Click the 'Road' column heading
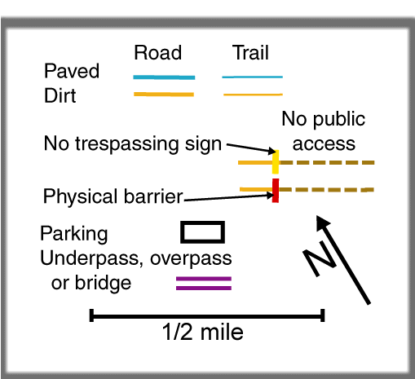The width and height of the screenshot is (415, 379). click(158, 52)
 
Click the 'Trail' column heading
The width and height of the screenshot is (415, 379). click(250, 52)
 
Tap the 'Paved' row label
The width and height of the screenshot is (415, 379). click(72, 71)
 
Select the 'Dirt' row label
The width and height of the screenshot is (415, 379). click(60, 95)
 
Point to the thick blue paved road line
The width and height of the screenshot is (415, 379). click(164, 77)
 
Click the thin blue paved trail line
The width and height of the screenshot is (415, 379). click(253, 77)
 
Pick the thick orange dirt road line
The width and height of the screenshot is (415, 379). click(164, 95)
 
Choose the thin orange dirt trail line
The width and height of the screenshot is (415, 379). click(253, 95)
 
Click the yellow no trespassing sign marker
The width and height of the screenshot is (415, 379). click(276, 162)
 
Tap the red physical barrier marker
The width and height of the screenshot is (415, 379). click(276, 191)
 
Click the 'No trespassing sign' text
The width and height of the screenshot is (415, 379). click(133, 143)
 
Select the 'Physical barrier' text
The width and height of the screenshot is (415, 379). click(113, 196)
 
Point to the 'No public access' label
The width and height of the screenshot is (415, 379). click(324, 131)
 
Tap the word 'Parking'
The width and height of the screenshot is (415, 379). click(74, 234)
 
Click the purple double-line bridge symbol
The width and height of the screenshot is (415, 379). click(204, 284)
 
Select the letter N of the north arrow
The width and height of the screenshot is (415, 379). click(320, 258)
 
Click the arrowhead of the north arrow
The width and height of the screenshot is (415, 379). click(323, 223)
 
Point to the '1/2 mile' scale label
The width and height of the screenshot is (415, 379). click(202, 332)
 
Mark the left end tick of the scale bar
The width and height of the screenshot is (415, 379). click(91, 315)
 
